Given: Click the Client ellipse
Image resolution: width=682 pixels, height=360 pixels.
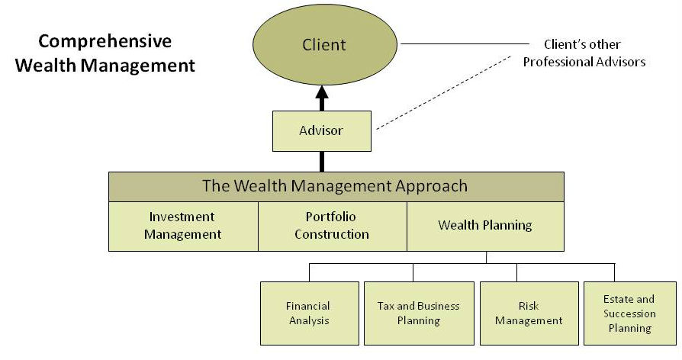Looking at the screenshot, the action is coord(325,44).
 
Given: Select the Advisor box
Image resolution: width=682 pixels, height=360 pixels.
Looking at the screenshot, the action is coord(322,131).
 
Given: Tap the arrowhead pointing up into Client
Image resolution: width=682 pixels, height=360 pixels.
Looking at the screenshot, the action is coord(322,92).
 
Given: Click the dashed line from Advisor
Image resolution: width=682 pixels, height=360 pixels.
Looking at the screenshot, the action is coord(444,92).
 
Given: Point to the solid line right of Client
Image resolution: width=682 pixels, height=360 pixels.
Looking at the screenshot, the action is coord(465,43).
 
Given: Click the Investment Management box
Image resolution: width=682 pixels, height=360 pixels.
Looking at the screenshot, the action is coord(183,226).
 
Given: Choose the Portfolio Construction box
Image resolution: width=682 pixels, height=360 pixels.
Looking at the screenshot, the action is coord(333,226).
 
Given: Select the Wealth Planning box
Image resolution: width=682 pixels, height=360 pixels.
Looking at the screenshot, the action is coord(485,226).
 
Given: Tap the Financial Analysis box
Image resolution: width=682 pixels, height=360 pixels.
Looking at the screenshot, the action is coord(310,313).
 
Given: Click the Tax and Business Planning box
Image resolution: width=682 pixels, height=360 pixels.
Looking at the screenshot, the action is coord(419,313).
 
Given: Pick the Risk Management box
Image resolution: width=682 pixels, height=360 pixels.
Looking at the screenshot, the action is coord(529,313).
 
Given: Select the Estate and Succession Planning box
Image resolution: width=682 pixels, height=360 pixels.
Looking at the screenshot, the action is coord(630,313).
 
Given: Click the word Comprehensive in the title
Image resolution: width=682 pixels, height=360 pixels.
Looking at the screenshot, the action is coord(105,42).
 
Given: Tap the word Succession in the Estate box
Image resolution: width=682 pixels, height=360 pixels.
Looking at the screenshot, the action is coord(629,313).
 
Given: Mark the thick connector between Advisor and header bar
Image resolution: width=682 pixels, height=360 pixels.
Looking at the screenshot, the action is coord(322,162).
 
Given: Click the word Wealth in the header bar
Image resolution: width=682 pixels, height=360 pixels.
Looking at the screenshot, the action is coord(260,185).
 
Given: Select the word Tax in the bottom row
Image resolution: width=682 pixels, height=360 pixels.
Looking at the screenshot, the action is coord(385,306).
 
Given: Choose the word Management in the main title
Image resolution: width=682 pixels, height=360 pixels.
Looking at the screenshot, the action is coord(138,66).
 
